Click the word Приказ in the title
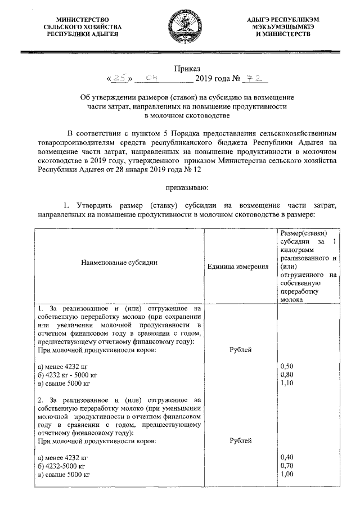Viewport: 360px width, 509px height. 180,68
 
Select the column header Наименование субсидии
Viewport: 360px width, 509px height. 119,262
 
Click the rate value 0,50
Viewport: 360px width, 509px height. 286,366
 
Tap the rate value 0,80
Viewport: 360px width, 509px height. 286,375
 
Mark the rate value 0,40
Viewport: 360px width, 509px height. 286,457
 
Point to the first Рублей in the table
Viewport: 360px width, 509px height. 241,350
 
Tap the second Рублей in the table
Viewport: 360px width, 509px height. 241,441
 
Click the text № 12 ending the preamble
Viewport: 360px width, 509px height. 191,169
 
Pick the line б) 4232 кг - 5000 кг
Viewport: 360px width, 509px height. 68,375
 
